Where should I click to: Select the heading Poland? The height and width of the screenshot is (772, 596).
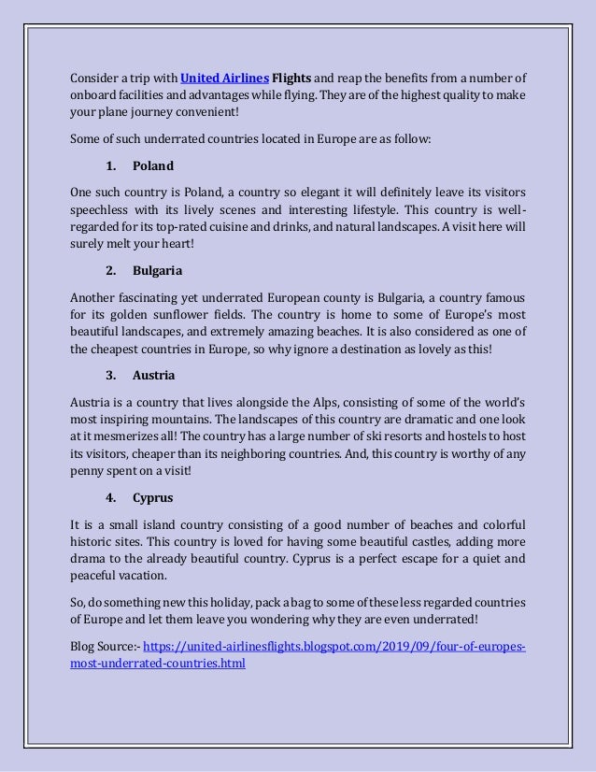click(153, 166)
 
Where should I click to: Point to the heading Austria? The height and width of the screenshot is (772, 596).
click(154, 376)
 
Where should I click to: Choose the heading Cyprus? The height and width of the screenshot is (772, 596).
click(152, 497)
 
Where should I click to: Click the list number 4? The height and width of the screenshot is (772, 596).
click(110, 497)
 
